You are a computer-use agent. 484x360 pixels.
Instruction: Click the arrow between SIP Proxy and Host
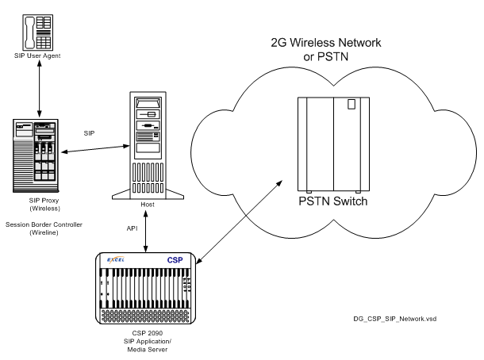[90, 147]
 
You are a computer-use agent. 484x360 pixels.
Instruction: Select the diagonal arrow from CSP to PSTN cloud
[239, 218]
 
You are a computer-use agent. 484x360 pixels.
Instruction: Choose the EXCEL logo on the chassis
[115, 260]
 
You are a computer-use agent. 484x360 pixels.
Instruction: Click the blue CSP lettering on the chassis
[175, 260]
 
